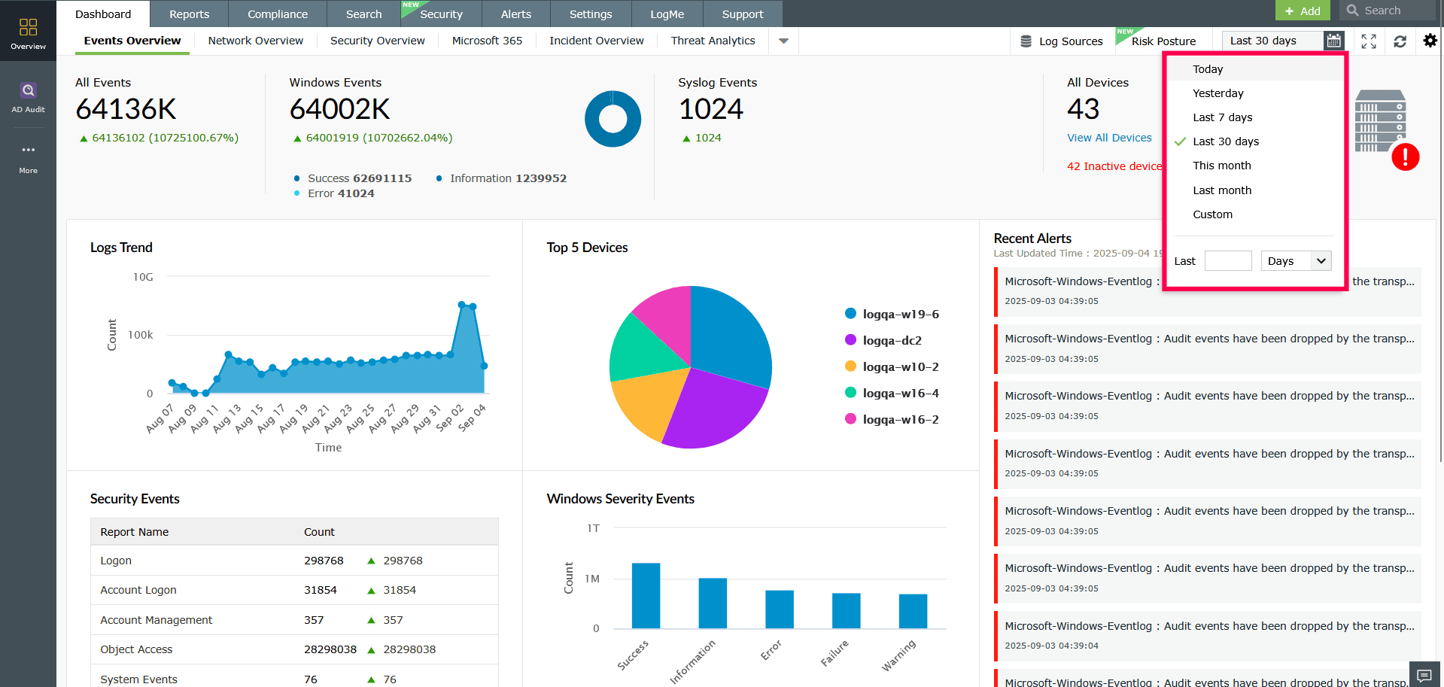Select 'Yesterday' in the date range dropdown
coord(1218,93)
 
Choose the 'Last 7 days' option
coord(1222,117)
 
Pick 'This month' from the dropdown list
coord(1221,166)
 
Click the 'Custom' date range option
coord(1212,214)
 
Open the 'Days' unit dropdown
coord(1296,261)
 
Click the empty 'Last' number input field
coord(1227,261)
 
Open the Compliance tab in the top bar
coord(277,14)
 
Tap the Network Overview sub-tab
coord(255,41)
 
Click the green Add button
coord(1302,11)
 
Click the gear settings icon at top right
coord(1430,41)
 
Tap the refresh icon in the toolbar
coord(1400,41)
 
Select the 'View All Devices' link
coord(1109,138)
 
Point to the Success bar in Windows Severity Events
coord(646,595)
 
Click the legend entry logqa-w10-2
coord(900,367)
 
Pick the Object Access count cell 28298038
coord(330,649)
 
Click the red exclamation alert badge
coord(1405,157)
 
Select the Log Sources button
coord(1061,41)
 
